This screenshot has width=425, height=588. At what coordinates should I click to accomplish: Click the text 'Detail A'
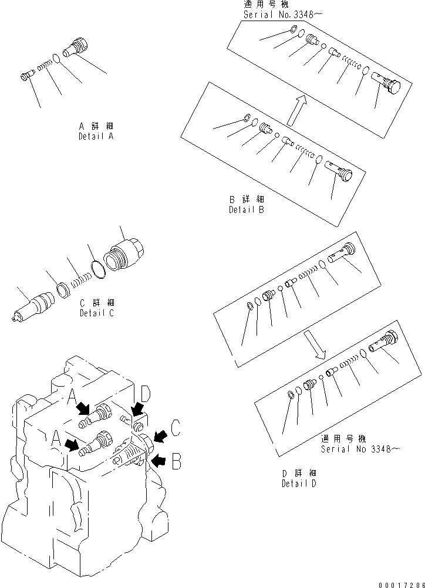click(96, 136)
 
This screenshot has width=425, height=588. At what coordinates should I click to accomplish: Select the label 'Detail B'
click(246, 209)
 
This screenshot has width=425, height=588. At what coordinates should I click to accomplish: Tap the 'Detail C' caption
click(97, 313)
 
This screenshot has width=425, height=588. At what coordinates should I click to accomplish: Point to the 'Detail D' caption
click(299, 484)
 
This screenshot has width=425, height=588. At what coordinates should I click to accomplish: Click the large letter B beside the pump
click(175, 462)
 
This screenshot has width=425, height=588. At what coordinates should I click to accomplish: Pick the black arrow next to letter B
click(157, 461)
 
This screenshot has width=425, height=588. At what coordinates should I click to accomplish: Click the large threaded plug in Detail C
click(123, 255)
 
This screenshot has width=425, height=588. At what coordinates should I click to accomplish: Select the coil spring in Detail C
click(80, 281)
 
